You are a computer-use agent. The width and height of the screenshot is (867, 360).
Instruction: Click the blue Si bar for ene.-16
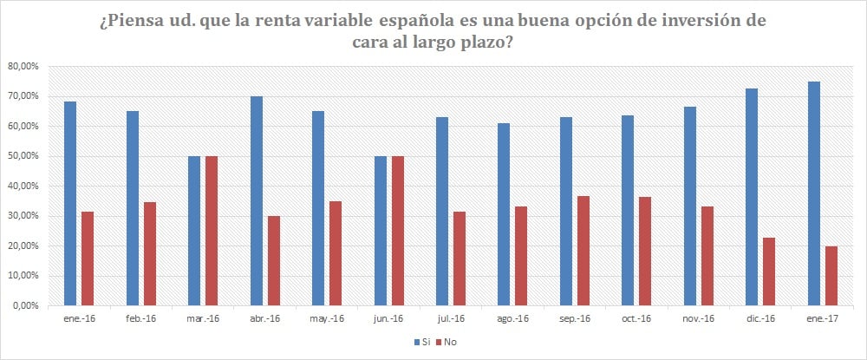(x=70, y=204)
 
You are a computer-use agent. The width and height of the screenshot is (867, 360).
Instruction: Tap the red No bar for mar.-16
(x=212, y=231)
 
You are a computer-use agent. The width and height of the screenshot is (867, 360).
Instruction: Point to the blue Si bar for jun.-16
(x=381, y=231)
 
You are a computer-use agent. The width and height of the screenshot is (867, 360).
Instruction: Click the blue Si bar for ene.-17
(x=814, y=193)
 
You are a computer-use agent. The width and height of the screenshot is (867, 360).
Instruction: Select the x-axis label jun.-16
(x=388, y=319)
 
